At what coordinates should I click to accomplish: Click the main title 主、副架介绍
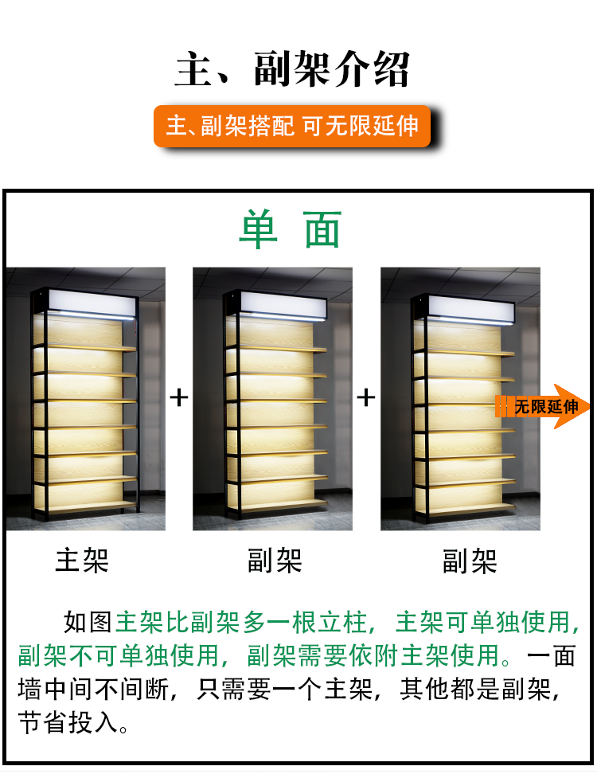(x=292, y=69)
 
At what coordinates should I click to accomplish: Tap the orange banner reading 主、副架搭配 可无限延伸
(x=292, y=126)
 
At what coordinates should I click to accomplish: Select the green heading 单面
(x=290, y=229)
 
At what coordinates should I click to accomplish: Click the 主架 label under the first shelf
(x=82, y=561)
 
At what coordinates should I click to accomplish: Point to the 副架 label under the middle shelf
(x=275, y=561)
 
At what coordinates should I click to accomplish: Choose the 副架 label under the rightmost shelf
(x=469, y=561)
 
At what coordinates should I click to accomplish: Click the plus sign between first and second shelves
(x=178, y=397)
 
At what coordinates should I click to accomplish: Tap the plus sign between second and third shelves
(x=365, y=397)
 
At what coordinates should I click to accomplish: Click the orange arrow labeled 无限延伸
(x=542, y=406)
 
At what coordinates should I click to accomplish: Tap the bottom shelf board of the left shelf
(x=92, y=506)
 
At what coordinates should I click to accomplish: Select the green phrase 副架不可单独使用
(x=119, y=655)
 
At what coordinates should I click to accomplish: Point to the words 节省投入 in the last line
(x=68, y=723)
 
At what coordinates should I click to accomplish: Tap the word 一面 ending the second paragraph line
(x=552, y=655)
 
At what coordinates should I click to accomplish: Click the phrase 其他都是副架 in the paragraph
(x=475, y=689)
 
